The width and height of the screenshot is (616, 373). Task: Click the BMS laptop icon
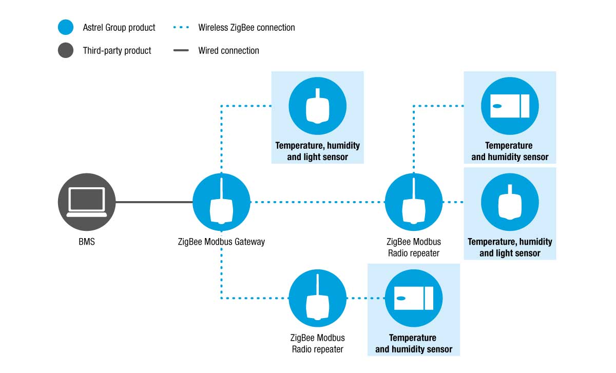pyautogui.click(x=87, y=202)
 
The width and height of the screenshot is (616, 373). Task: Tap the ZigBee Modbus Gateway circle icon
pyautogui.click(x=221, y=202)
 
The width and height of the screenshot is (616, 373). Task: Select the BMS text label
pyautogui.click(x=87, y=242)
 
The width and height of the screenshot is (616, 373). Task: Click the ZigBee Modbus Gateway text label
pyautogui.click(x=221, y=242)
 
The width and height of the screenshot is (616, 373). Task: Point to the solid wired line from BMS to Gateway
pyautogui.click(x=154, y=202)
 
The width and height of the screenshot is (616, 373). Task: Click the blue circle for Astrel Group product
pyautogui.click(x=66, y=27)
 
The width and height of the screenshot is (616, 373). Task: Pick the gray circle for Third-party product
pyautogui.click(x=66, y=50)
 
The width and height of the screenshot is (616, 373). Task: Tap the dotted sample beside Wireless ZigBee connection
pyautogui.click(x=181, y=27)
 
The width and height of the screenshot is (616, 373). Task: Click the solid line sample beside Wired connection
pyautogui.click(x=181, y=50)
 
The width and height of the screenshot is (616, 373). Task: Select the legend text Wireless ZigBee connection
pyautogui.click(x=246, y=28)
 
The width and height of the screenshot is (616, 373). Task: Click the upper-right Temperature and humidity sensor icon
pyautogui.click(x=510, y=106)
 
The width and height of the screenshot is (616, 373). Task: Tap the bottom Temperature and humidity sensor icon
pyautogui.click(x=414, y=298)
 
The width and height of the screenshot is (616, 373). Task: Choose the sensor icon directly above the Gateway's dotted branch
pyautogui.click(x=317, y=106)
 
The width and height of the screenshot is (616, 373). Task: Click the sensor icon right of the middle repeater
pyautogui.click(x=510, y=202)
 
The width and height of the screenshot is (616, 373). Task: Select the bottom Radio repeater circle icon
pyautogui.click(x=317, y=298)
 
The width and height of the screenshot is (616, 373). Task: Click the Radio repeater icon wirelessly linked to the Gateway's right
pyautogui.click(x=414, y=202)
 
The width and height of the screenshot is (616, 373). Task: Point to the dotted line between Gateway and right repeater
pyautogui.click(x=318, y=202)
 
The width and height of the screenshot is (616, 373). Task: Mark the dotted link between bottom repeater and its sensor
pyautogui.click(x=365, y=298)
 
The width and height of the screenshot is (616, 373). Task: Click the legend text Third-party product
pyautogui.click(x=117, y=51)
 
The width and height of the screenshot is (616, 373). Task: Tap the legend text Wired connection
pyautogui.click(x=228, y=51)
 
